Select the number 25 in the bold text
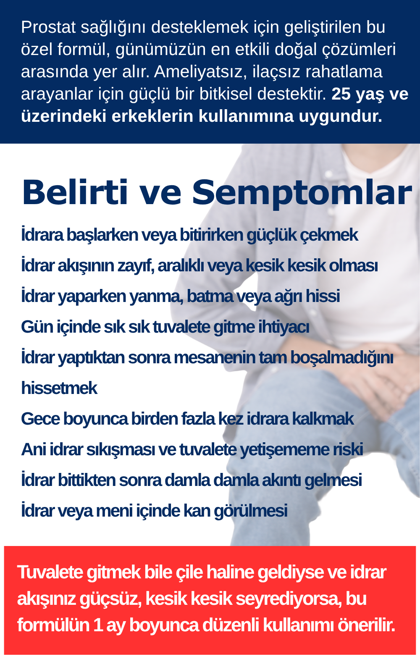(341, 94)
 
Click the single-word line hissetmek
(59, 388)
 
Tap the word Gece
(40, 419)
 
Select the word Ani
(34, 450)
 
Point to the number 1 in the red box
(97, 625)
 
